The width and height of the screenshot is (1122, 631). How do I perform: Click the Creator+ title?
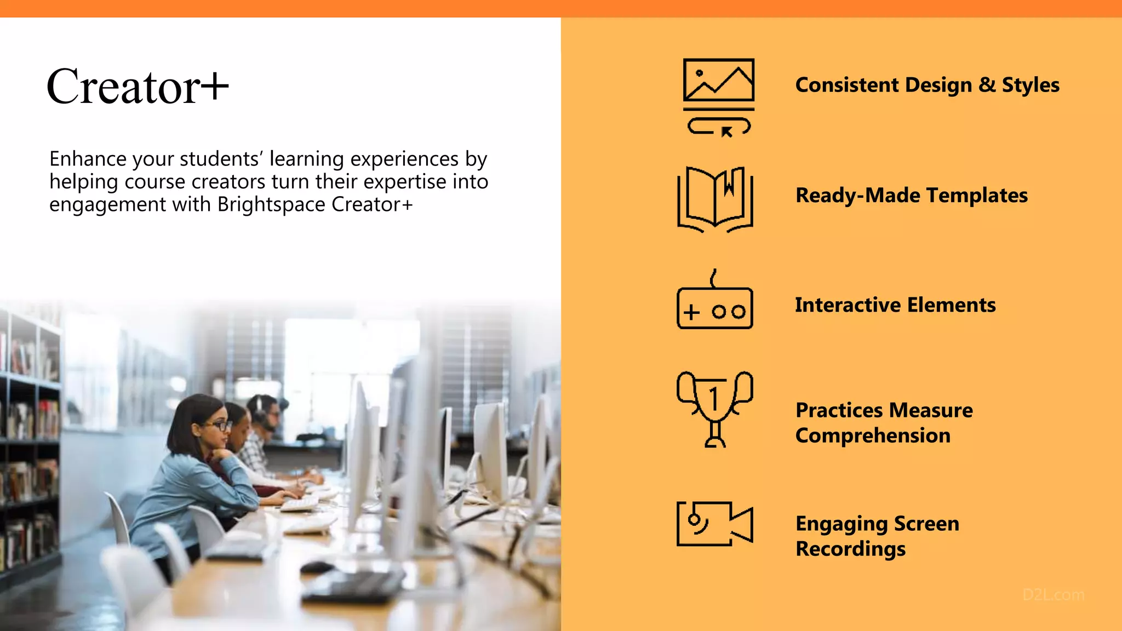point(137,87)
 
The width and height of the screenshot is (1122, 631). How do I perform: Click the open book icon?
point(715,198)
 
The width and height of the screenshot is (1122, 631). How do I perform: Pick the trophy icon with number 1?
point(714,408)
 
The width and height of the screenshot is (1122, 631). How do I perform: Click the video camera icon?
point(714,524)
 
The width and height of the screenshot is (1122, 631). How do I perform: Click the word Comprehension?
point(872,436)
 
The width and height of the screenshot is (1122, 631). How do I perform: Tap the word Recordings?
point(850,549)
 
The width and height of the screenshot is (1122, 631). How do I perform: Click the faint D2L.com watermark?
point(1053,595)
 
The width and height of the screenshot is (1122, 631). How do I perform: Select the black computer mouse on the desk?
point(317,567)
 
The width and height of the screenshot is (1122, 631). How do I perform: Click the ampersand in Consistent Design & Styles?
point(987,85)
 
